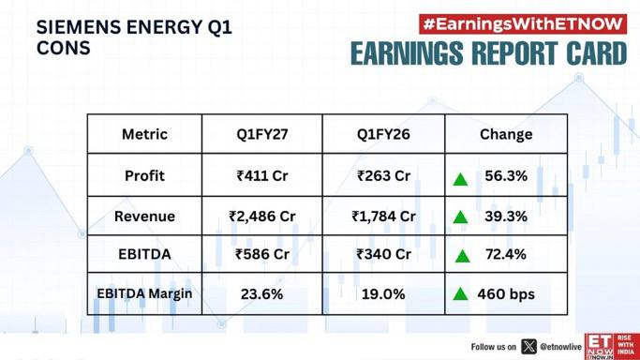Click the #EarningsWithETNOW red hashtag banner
tap(523, 24)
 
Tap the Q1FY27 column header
tap(262, 134)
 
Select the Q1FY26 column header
tap(383, 134)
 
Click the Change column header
tap(506, 134)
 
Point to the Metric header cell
tap(144, 134)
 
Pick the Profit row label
tap(144, 176)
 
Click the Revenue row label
tap(144, 217)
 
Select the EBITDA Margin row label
tap(144, 293)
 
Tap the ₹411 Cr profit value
tap(262, 176)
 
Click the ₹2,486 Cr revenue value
tap(262, 217)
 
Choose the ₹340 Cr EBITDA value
tap(383, 254)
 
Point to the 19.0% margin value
tap(383, 293)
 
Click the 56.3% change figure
tap(506, 176)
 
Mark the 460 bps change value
tap(506, 293)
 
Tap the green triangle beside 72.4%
tap(462, 256)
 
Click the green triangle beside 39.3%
tap(460, 217)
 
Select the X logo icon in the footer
tap(528, 347)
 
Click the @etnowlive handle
tap(560, 347)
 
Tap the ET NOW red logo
tap(612, 346)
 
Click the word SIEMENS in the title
tap(78, 27)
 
